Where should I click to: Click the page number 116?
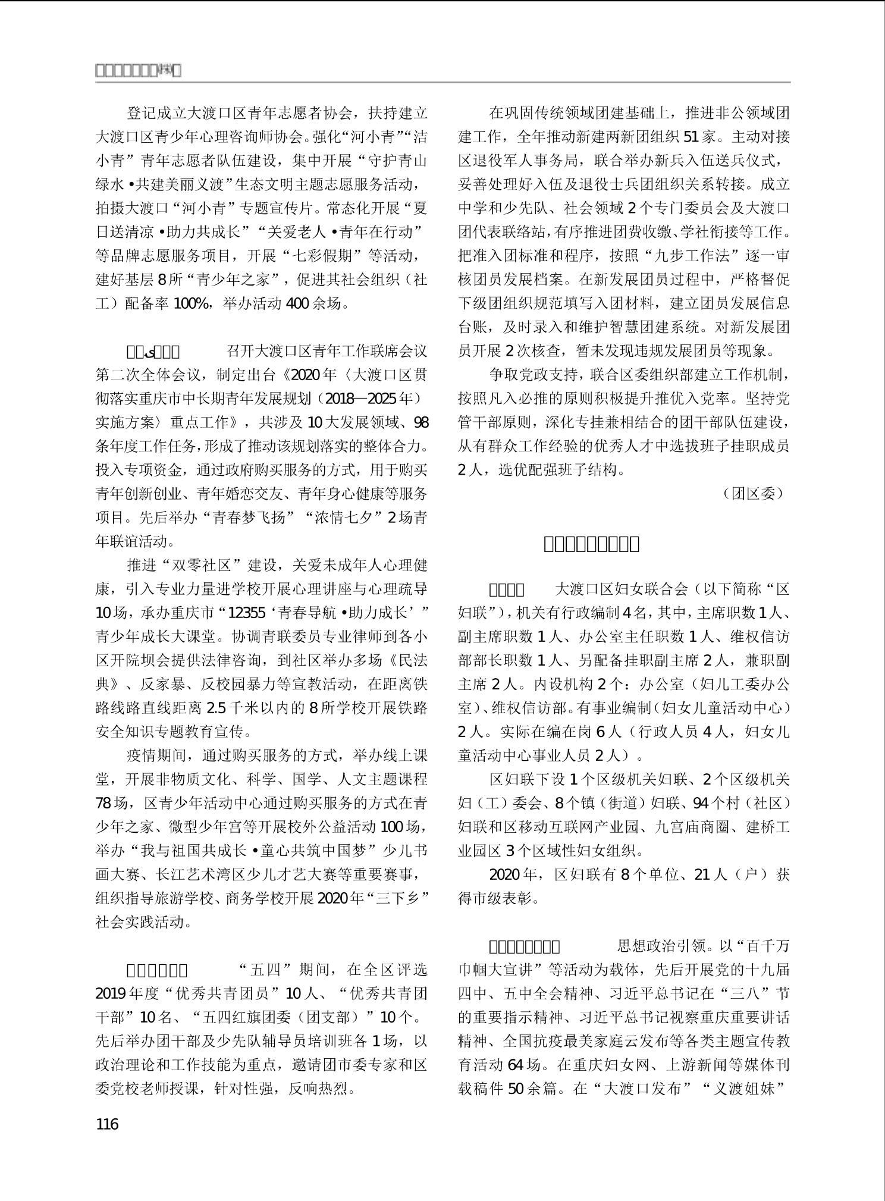[107, 1124]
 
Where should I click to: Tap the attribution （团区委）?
[754, 493]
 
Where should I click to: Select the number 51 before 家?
[691, 137]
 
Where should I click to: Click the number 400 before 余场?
[297, 303]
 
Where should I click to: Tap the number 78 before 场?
[104, 803]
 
